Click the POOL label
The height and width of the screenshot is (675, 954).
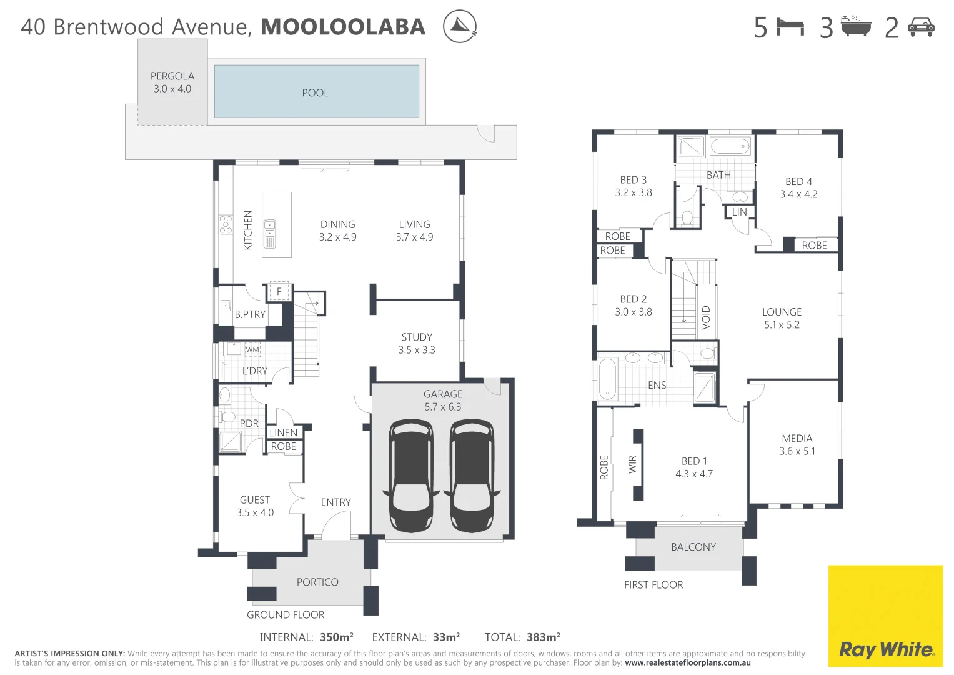315,92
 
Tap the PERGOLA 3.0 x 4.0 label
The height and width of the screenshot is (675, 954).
172,82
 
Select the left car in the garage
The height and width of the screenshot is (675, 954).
411,476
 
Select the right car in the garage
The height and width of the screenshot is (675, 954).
472,476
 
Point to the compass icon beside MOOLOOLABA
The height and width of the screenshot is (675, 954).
460,27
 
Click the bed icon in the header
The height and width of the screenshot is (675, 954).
790,27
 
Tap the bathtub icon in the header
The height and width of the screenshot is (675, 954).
855,27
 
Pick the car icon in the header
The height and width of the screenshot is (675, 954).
921,27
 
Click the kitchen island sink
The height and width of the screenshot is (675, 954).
270,234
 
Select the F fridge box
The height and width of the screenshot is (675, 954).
279,291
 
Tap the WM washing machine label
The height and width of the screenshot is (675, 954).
252,349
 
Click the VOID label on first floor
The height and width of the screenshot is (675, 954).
706,317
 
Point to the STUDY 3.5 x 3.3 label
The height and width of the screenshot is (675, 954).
417,343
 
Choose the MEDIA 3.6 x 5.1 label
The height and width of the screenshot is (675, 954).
797,444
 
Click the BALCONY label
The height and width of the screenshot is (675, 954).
693,547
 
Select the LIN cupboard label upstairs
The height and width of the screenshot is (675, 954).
740,212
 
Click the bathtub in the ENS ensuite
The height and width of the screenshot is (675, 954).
607,379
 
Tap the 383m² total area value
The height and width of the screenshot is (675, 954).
543,637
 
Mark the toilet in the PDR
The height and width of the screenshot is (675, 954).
227,417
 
